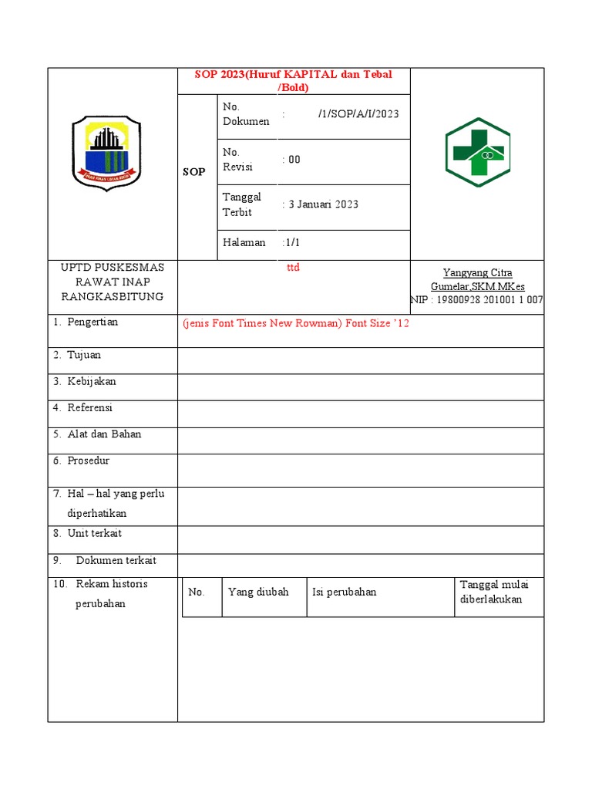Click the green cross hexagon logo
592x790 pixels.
point(477,153)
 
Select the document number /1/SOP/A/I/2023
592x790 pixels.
point(358,114)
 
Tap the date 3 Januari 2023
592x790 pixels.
point(323,204)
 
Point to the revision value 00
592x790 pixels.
point(294,160)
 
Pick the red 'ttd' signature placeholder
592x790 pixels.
point(293,268)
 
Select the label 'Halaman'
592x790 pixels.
point(244,242)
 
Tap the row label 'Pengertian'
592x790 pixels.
point(92,322)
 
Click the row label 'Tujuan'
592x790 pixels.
point(84,355)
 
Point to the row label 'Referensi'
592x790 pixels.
point(89,407)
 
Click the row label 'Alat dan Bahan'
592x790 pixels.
point(104,434)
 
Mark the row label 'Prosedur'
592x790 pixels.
point(88,461)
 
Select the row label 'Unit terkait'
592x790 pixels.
point(94,533)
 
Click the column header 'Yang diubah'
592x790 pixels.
point(258,592)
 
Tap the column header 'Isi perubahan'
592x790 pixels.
point(344,592)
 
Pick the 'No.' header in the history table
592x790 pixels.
point(196,592)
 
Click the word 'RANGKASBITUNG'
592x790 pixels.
point(113,297)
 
